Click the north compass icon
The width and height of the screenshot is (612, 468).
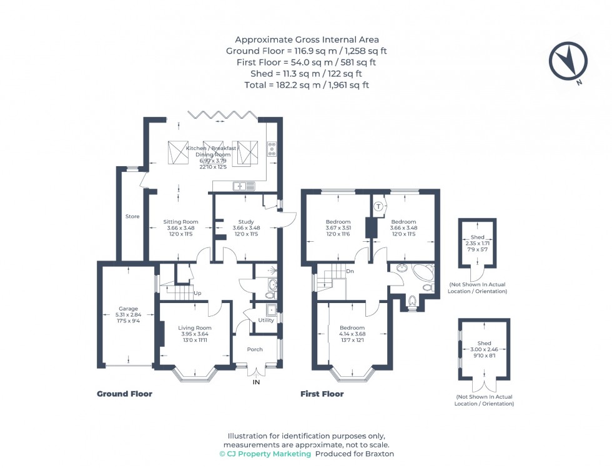[568, 61]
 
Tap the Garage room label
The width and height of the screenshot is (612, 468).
[128, 309]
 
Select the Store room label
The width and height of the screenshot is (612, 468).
[132, 217]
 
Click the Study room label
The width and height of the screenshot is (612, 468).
[245, 222]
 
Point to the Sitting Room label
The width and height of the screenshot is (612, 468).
[180, 222]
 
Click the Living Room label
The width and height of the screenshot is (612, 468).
[195, 328]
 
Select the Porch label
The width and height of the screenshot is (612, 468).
[254, 349]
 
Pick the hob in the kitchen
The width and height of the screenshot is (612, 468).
[272, 149]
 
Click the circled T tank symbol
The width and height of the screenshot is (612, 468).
[378, 206]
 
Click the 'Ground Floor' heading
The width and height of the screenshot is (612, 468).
[124, 394]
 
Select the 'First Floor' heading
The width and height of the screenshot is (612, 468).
[322, 394]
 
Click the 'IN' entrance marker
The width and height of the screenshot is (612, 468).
[255, 382]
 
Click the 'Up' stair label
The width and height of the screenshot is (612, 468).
[198, 292]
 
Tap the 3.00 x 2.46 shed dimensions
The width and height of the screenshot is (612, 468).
[484, 350]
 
